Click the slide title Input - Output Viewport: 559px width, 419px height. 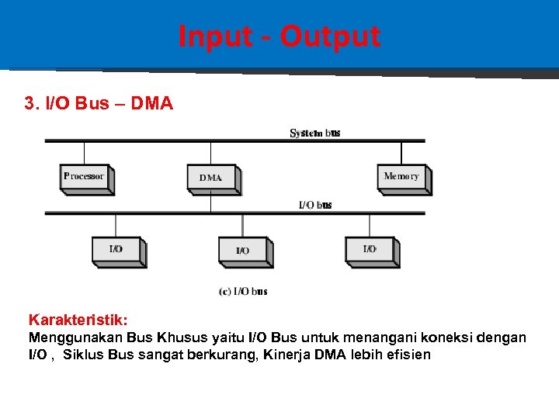[x=279, y=36]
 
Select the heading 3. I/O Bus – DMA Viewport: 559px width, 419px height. [x=99, y=103]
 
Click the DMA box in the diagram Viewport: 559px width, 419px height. [x=211, y=178]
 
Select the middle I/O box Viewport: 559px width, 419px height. [x=243, y=250]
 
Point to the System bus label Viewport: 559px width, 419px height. [x=315, y=133]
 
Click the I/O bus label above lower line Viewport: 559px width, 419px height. [x=315, y=205]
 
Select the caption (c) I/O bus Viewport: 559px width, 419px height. [x=243, y=291]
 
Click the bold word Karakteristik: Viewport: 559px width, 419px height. [x=78, y=320]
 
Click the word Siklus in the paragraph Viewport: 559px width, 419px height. [x=82, y=355]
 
